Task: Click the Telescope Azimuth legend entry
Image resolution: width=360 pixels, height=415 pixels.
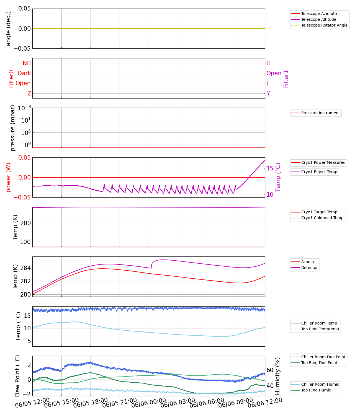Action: point(319,14)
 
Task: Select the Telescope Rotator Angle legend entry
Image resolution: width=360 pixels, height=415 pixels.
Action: point(324,25)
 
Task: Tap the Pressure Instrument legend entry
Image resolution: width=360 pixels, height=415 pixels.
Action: point(320,113)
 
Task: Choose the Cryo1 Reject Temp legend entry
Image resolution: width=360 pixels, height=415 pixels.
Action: point(319,172)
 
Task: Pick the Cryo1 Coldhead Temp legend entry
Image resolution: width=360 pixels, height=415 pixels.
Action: point(322,218)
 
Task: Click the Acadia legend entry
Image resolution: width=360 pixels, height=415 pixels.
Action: point(307,262)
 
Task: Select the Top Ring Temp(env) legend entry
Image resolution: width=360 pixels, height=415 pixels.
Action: point(320,329)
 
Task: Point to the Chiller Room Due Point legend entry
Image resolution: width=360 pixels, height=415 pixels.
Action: point(323,357)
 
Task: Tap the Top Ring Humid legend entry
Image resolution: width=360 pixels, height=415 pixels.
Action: point(316,390)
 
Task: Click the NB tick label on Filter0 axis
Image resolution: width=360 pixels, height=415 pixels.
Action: point(27,63)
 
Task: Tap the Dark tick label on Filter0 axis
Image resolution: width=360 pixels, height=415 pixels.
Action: point(24,73)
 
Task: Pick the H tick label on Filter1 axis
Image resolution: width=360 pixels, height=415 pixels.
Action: point(268,63)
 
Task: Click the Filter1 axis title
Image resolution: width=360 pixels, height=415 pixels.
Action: point(286,79)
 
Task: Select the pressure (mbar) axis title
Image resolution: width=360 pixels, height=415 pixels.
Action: point(12,128)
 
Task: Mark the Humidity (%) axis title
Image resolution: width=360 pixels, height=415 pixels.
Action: point(278,376)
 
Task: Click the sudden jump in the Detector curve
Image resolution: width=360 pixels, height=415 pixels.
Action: point(151,265)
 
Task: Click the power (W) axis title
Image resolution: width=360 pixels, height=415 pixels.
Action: point(9,177)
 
